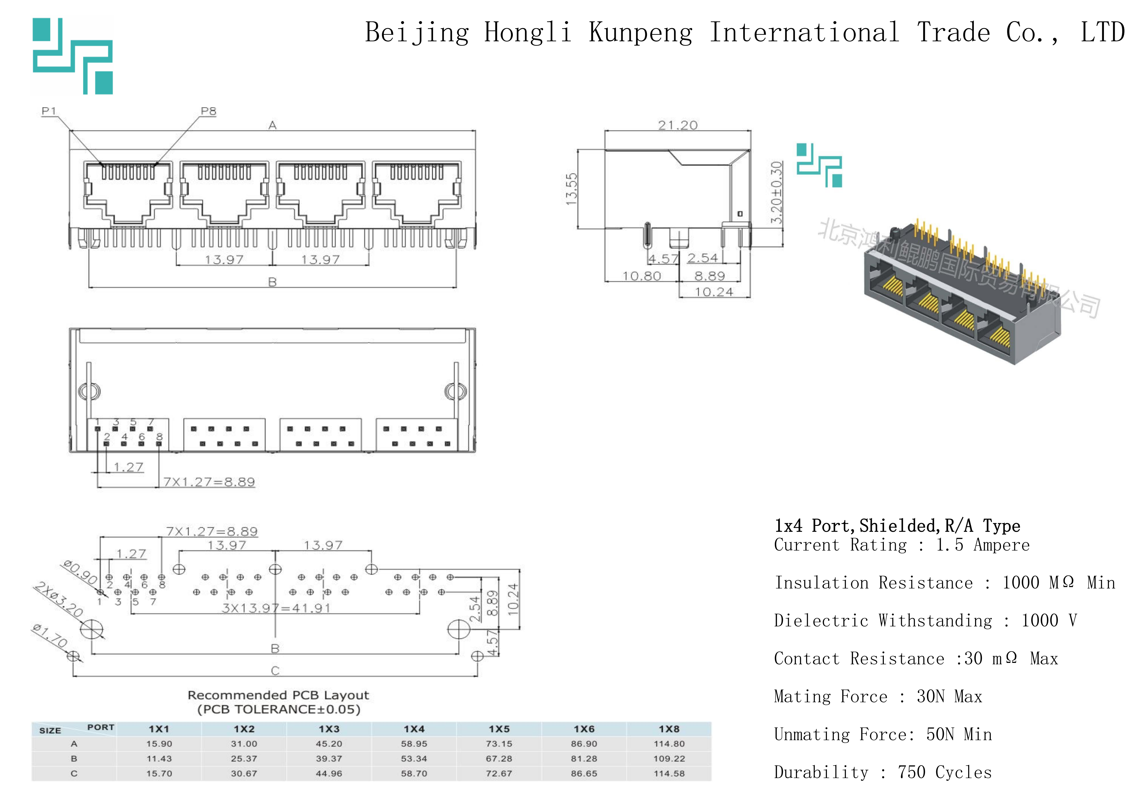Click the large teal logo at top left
(x=73, y=56)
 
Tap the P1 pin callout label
(x=49, y=111)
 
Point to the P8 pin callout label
(x=209, y=111)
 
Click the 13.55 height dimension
(x=572, y=189)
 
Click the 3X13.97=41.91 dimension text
(x=276, y=608)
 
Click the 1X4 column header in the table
(x=414, y=729)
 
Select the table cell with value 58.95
(x=414, y=744)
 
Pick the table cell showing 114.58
(x=669, y=774)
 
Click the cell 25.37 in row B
(x=244, y=759)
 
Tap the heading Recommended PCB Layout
(x=278, y=695)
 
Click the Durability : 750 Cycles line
(x=883, y=772)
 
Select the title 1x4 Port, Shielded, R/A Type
(x=897, y=526)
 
